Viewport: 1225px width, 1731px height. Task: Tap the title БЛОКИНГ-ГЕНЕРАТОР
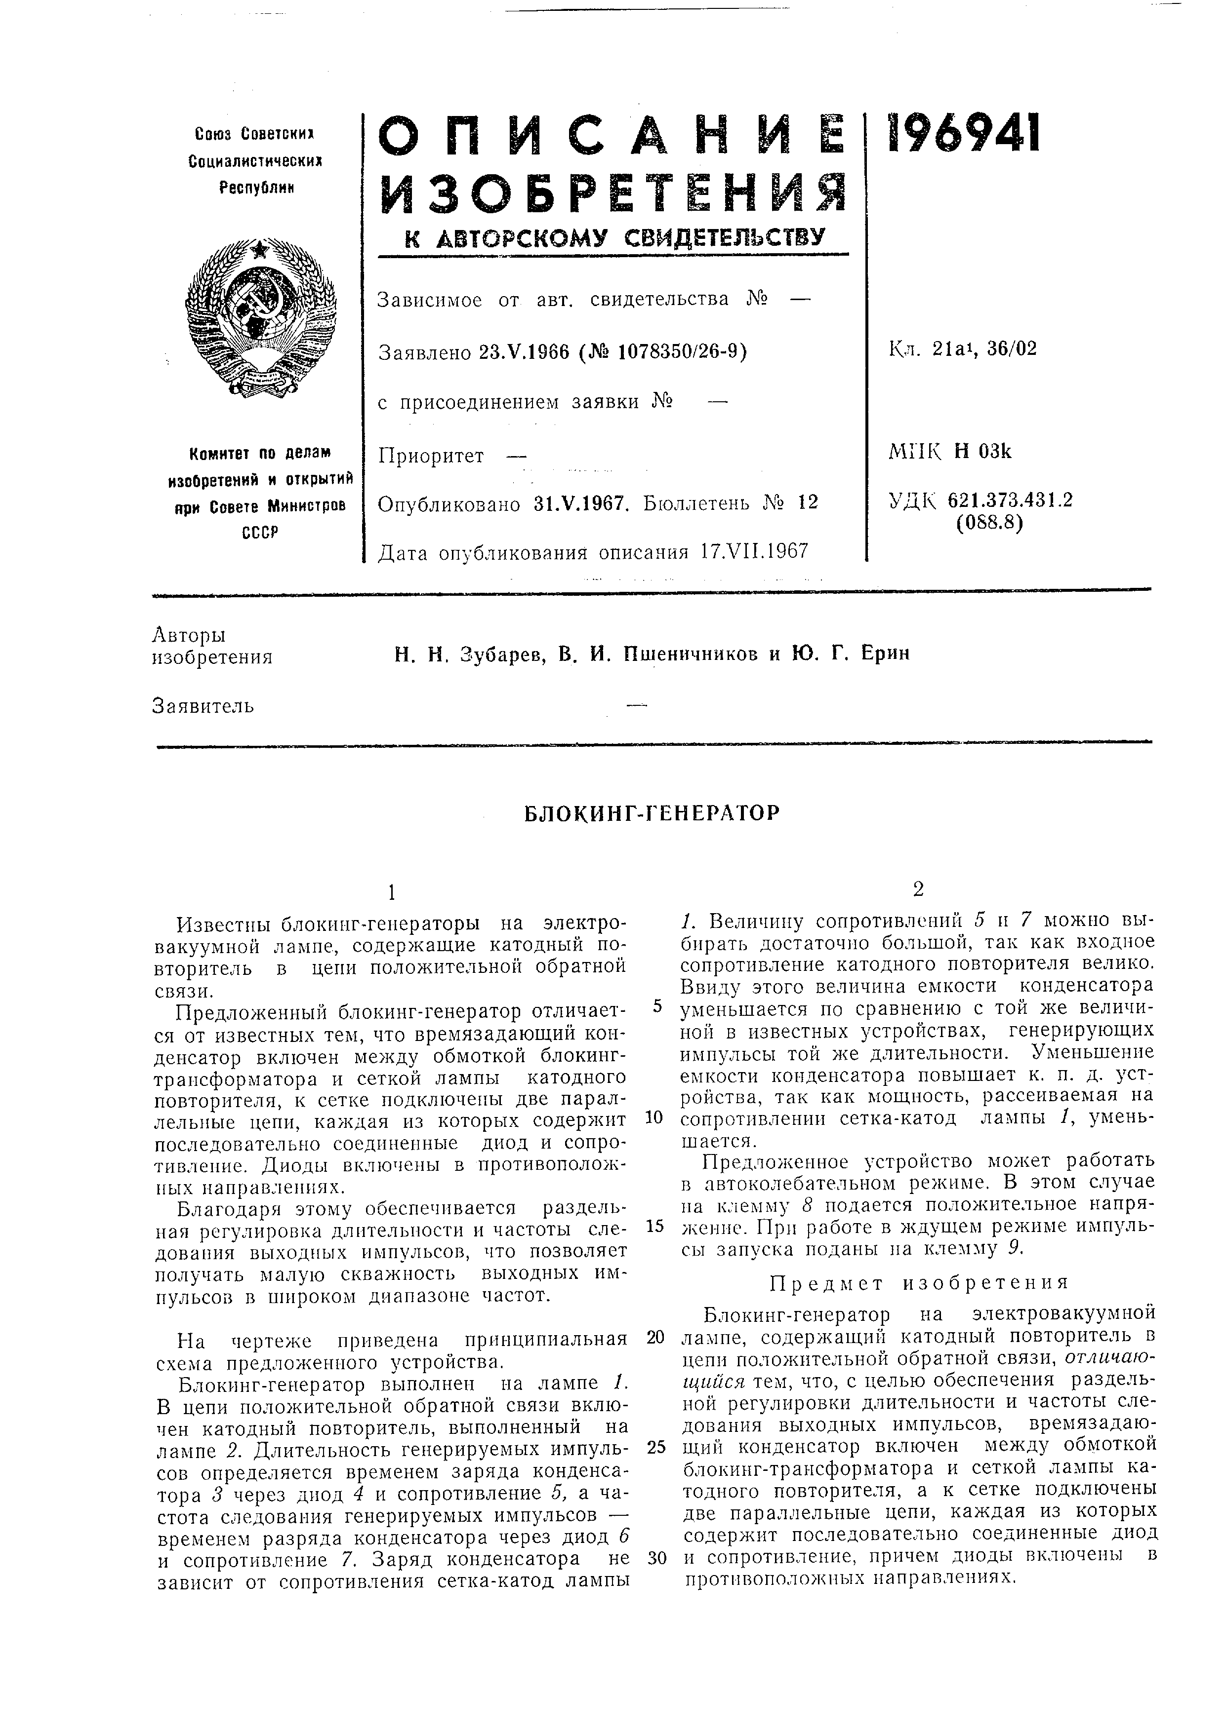tap(652, 813)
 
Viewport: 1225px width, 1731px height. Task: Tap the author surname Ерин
tap(886, 654)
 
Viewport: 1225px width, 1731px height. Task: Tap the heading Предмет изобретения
tap(919, 1282)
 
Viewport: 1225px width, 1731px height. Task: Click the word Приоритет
tap(431, 456)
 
